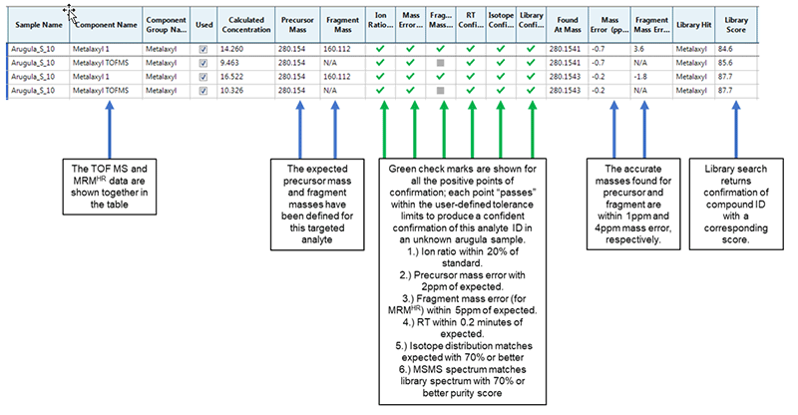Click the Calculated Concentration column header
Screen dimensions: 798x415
click(245, 25)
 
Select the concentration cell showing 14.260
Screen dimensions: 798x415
click(232, 50)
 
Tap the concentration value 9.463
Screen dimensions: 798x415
click(230, 63)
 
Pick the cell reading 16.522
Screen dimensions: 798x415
click(232, 77)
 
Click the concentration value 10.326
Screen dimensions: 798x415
click(232, 91)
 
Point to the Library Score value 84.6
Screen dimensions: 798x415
click(725, 50)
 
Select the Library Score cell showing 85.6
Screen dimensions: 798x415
click(725, 63)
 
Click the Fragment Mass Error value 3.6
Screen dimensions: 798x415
click(638, 50)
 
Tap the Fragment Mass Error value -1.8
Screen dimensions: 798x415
click(640, 77)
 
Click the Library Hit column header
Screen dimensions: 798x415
click(693, 25)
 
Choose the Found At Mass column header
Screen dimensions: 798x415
click(568, 25)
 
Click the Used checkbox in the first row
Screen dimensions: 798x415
click(203, 50)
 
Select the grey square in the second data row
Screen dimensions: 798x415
click(441, 63)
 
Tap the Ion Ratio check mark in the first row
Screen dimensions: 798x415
click(380, 49)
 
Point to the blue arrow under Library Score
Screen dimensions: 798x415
click(736, 130)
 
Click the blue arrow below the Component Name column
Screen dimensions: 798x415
click(110, 130)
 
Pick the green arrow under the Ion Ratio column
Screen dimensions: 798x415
click(384, 130)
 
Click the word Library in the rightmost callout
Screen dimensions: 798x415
click(720, 169)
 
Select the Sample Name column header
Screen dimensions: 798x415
click(39, 25)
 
